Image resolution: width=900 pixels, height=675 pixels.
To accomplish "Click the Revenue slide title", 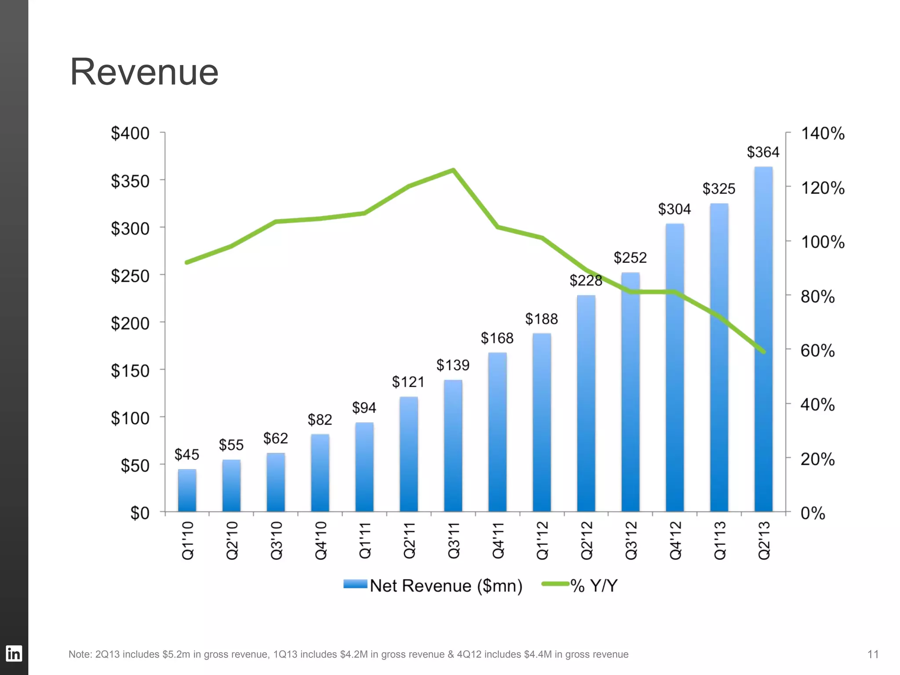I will [x=144, y=72].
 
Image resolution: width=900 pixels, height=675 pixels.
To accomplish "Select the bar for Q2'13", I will [x=763, y=338].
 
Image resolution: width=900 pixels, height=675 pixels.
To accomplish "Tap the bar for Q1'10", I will [x=187, y=490].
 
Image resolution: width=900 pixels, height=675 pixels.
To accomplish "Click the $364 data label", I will [x=763, y=152].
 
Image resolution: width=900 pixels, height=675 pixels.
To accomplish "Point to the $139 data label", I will [x=453, y=365].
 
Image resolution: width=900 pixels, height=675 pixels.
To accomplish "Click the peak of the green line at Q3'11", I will [x=453, y=170].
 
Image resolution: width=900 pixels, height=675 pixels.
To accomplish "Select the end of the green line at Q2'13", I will [x=764, y=352].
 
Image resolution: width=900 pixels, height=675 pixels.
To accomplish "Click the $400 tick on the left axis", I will [x=130, y=133].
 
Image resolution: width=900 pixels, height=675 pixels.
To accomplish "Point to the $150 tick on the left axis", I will [x=130, y=371].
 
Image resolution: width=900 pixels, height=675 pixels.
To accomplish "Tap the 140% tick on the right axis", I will [x=822, y=134].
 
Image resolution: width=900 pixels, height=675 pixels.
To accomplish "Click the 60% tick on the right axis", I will [x=817, y=351].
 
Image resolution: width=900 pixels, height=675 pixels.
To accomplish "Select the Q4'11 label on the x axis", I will [x=498, y=540].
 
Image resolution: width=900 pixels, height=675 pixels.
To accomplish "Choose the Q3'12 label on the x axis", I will [x=631, y=540].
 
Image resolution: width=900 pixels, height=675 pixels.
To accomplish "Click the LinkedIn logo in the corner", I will [x=14, y=653].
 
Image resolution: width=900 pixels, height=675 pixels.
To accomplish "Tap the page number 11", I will [x=873, y=654].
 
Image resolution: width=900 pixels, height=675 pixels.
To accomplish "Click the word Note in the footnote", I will [x=79, y=654].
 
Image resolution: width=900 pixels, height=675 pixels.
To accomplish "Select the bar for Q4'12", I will [x=675, y=367].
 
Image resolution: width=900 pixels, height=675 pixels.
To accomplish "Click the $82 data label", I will [x=319, y=420].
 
